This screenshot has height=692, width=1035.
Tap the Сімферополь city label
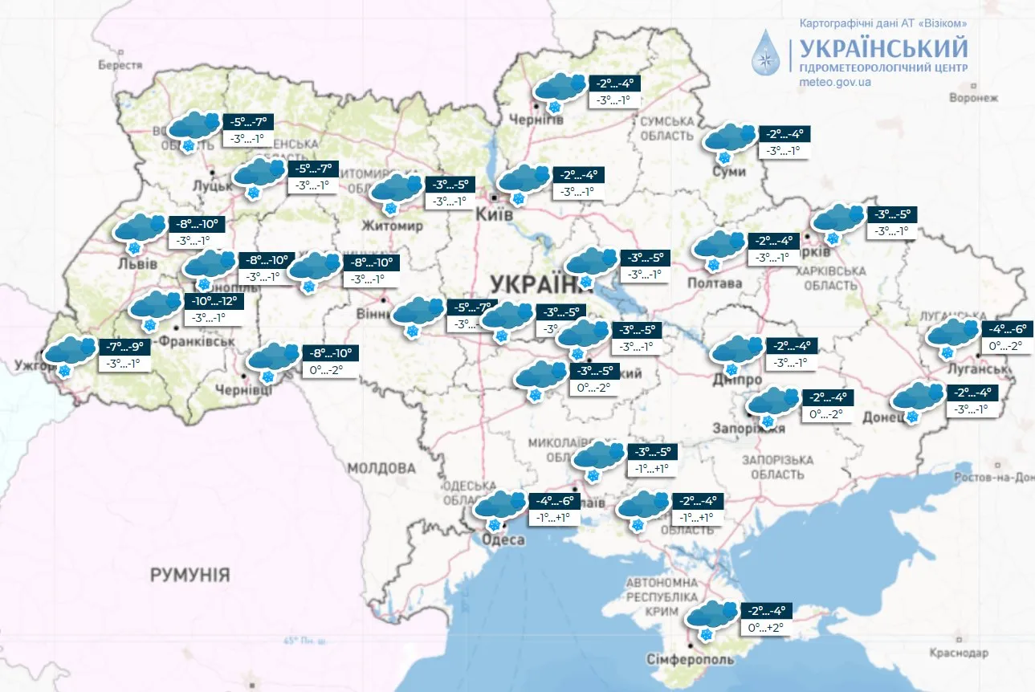pos(690,660)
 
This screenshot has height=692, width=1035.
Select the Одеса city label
pos(503,539)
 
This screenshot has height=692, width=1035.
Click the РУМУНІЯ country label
pos(189,575)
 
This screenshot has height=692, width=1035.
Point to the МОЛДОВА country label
pos(381,468)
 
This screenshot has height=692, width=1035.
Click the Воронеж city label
pos(973,98)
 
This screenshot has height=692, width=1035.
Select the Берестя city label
pos(120,65)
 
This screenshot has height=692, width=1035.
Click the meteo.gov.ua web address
pos(835,82)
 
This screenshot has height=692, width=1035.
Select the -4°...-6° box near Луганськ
pos(1007,328)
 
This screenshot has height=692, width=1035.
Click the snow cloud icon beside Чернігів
pos(559,89)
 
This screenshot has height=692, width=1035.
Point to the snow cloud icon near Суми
pos(729,140)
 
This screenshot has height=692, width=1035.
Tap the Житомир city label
pos(393,226)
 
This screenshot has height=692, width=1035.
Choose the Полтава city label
pos(715,283)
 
